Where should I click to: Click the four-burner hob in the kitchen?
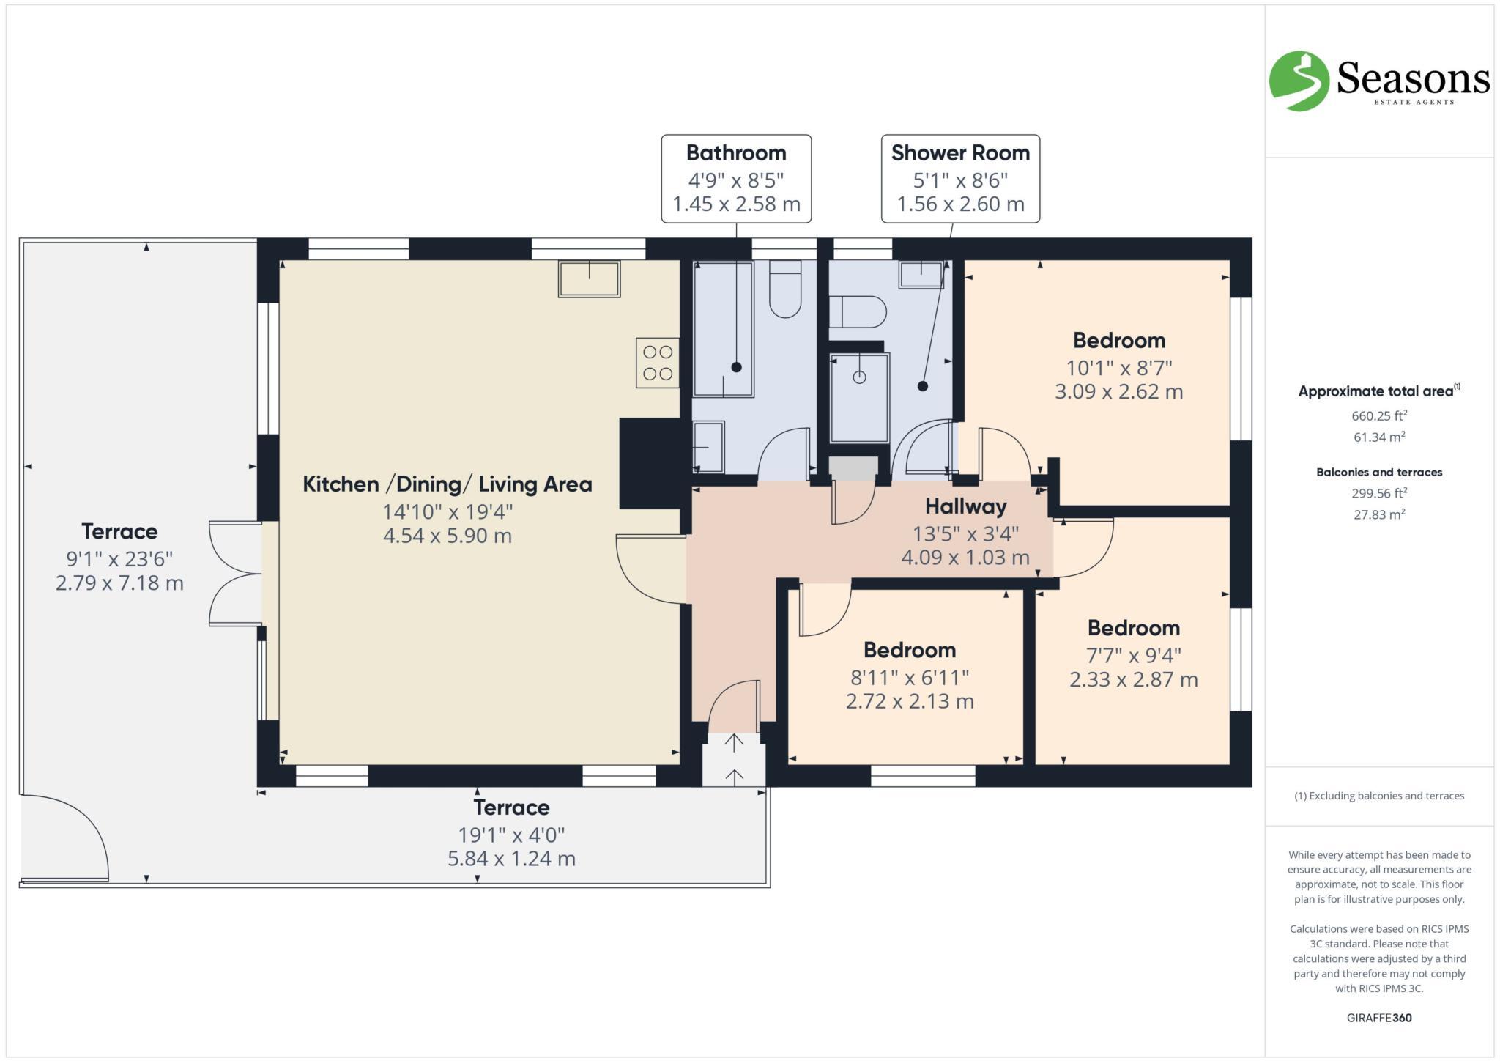657,363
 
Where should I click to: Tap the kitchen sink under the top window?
589,278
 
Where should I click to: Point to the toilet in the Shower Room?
858,311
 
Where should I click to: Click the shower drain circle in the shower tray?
860,377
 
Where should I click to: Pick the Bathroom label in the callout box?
736,152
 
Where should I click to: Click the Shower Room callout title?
960,152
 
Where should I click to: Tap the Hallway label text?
965,506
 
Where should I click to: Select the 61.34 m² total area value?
1379,437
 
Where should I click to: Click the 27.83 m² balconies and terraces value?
1379,514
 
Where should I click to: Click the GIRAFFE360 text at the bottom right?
1379,1018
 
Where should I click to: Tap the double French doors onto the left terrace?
235,573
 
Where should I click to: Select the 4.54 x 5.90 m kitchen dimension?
447,536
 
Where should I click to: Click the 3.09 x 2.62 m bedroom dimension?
1118,391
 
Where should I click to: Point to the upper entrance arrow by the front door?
734,743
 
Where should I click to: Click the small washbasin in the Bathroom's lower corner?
708,446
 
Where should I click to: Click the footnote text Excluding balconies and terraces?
1379,796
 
